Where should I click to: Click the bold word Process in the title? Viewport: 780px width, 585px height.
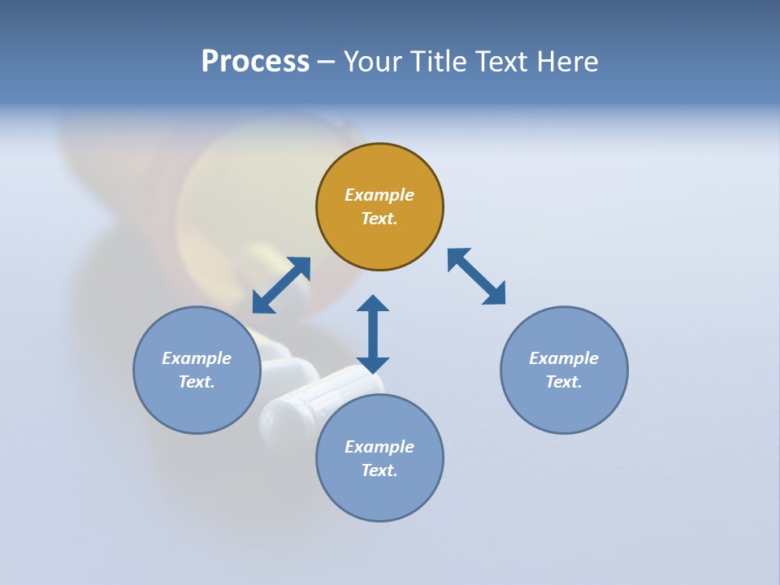coord(255,62)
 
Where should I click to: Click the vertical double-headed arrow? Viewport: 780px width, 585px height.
coord(373,334)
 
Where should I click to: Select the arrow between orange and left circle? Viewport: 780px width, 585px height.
coord(281,285)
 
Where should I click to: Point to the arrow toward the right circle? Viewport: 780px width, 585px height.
coord(477,276)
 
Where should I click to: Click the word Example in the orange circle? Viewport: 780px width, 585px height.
coord(379,195)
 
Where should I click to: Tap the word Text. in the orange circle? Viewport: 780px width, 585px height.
coord(379,219)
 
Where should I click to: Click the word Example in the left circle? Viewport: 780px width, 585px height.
coord(197,358)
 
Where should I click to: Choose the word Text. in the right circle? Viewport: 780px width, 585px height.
coord(564,382)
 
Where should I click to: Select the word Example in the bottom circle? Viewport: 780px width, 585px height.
coord(379,447)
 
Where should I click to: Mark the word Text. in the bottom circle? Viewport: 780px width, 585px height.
coord(379,470)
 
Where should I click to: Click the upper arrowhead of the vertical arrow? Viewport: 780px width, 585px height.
coord(373,304)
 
